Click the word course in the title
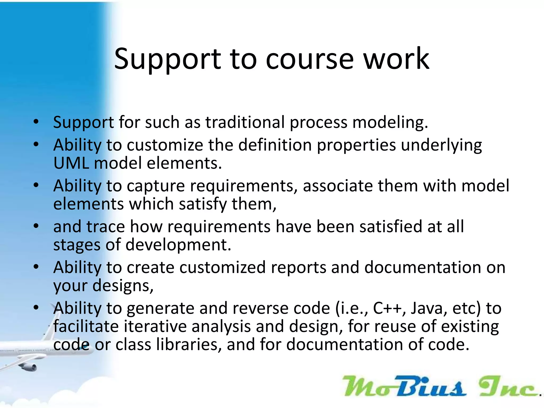tap(310, 59)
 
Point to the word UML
tap(71, 163)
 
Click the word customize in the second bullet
tap(165, 145)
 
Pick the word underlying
tap(441, 146)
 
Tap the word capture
tap(156, 186)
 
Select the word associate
tap(338, 186)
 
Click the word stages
tap(77, 245)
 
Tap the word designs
tap(122, 286)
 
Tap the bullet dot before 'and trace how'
tap(36, 226)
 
